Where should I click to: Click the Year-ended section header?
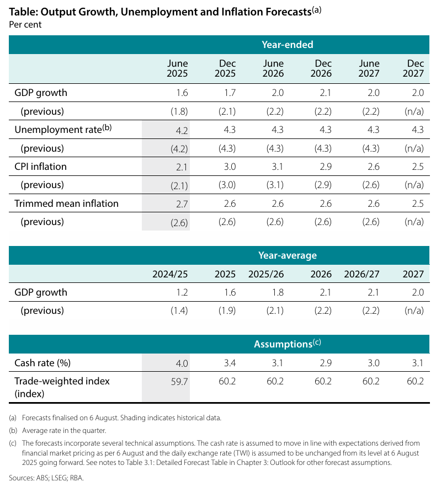click(x=287, y=45)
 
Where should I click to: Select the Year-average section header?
click(x=288, y=255)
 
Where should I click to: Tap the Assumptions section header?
click(x=288, y=344)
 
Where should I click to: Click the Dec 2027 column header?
click(x=413, y=68)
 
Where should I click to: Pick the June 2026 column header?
click(x=273, y=68)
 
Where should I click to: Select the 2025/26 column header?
click(x=266, y=274)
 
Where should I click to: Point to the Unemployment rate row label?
click(x=63, y=129)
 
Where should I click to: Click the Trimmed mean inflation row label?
click(x=66, y=204)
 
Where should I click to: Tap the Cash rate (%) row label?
click(x=42, y=363)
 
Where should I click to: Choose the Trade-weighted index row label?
click(x=62, y=387)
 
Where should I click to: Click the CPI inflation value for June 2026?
click(x=278, y=167)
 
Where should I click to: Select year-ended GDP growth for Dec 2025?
click(x=230, y=93)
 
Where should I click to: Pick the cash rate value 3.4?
click(x=230, y=363)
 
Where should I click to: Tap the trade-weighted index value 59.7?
click(x=179, y=382)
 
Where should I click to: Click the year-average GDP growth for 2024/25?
click(x=182, y=292)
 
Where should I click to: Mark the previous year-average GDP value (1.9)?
click(x=227, y=311)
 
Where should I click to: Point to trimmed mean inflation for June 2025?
click(x=182, y=204)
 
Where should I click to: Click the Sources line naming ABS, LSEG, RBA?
click(x=46, y=478)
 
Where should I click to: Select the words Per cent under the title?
click(x=25, y=24)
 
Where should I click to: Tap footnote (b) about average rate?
click(x=57, y=431)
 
